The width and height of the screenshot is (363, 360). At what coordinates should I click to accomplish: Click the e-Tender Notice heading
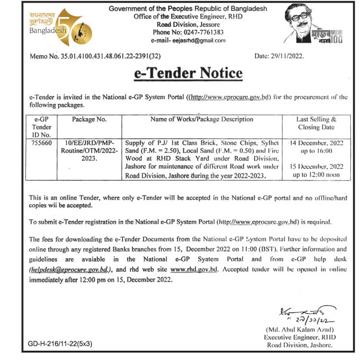click(188, 73)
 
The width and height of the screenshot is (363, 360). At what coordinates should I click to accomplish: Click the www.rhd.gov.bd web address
click(194, 270)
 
